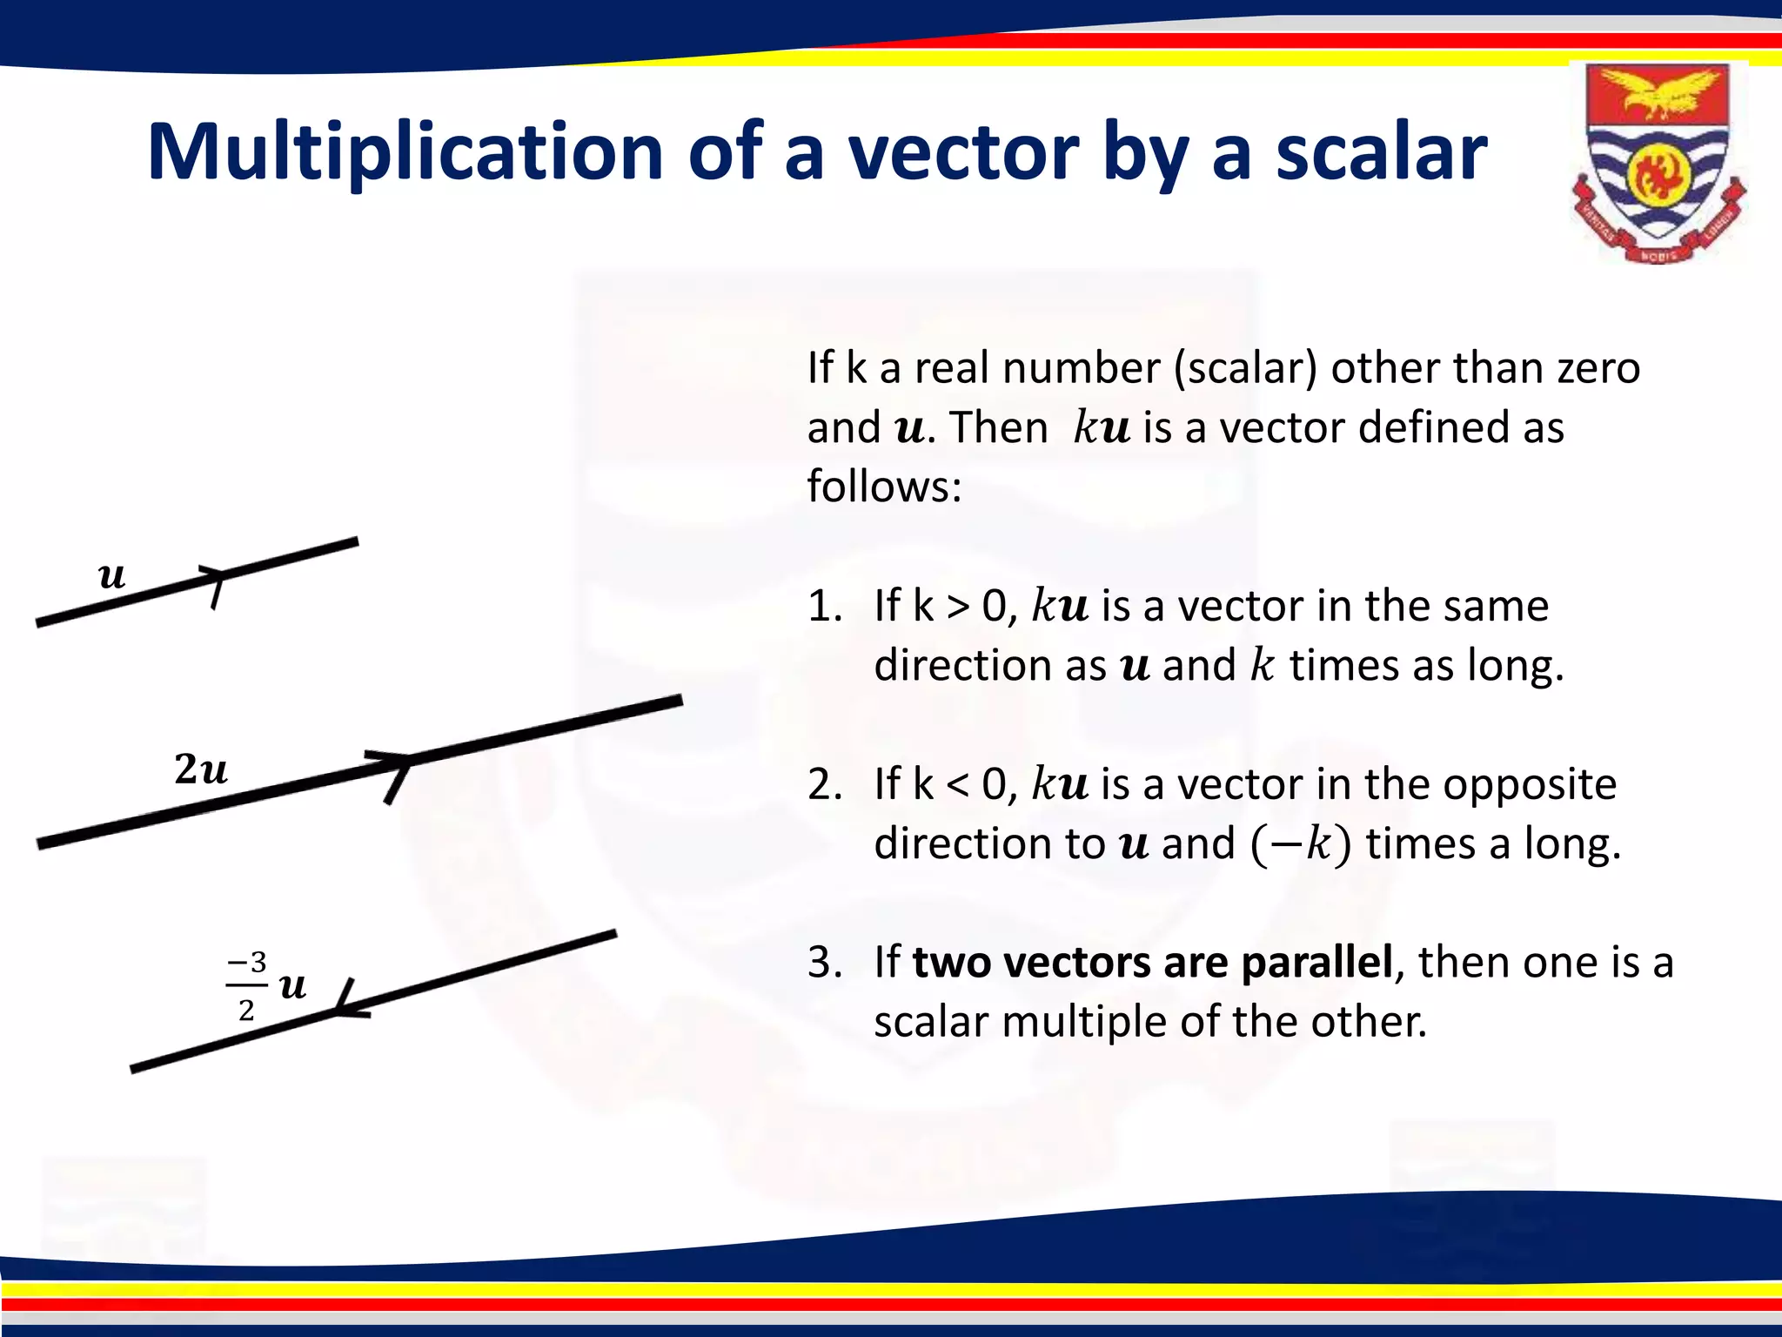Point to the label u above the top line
pos(112,575)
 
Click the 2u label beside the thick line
pos(201,769)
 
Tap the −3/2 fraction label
pos(247,986)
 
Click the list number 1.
pos(823,606)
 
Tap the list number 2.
pos(823,784)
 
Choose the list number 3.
pos(823,963)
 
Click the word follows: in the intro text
pos(884,486)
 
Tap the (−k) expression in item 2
pos(1301,844)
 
